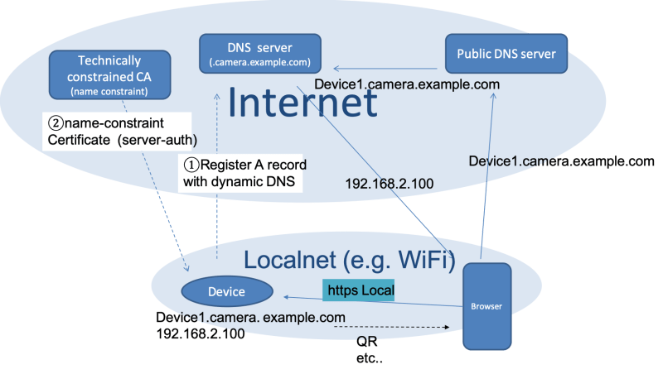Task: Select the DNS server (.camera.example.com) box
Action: [260, 54]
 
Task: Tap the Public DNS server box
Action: [506, 55]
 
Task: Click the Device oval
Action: [226, 291]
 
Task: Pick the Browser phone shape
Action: [486, 306]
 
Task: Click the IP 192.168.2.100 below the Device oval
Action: [200, 333]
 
